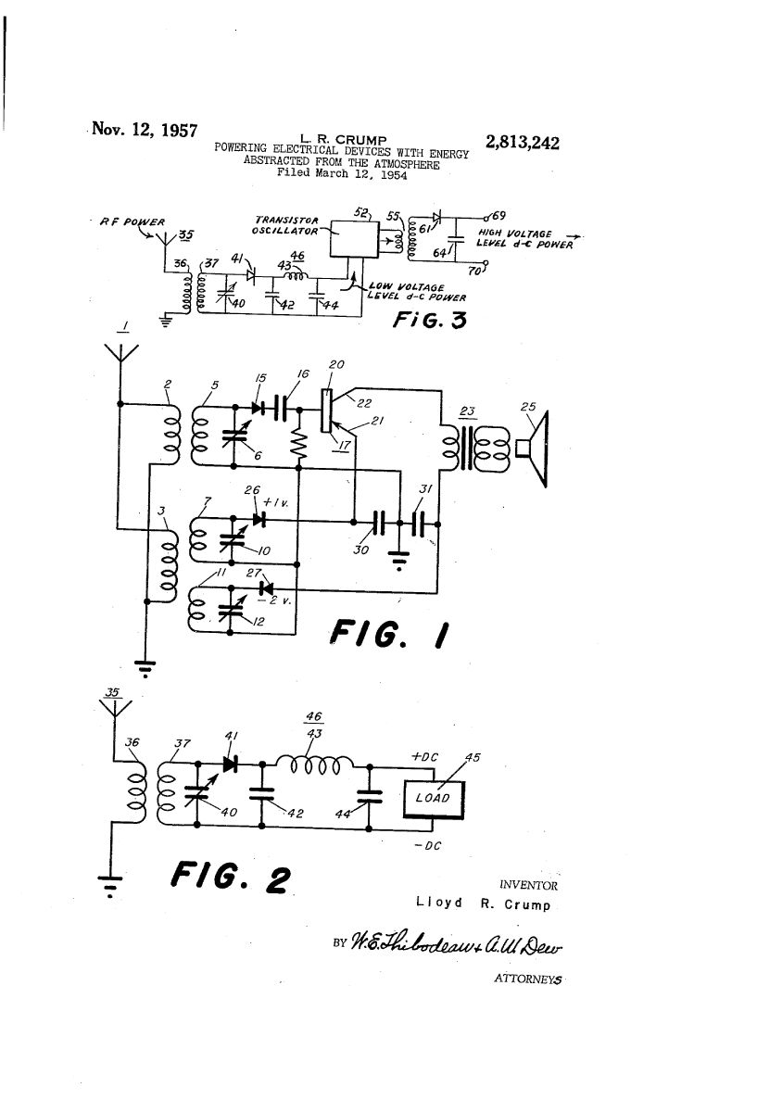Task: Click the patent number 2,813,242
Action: (522, 143)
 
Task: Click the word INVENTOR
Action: (527, 884)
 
